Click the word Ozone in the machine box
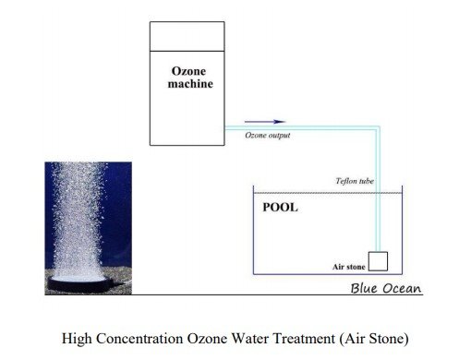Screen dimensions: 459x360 coord(188,71)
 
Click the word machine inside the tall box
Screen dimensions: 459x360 coord(190,84)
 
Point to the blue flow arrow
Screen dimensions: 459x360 coord(265,122)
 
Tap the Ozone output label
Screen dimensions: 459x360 coord(268,135)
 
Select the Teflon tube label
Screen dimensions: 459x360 coord(355,181)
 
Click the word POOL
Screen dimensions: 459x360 coord(280,208)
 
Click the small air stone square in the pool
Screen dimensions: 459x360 coord(378,261)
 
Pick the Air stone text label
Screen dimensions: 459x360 coord(348,267)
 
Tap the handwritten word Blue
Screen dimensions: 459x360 coord(364,288)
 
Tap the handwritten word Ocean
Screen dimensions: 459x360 coord(402,289)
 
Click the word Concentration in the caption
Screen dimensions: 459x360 coord(139,339)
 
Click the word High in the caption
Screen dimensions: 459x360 coord(77,340)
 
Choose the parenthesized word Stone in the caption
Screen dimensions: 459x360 coord(389,339)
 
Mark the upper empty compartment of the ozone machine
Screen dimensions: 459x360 coord(187,36)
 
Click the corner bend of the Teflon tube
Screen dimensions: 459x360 coord(378,127)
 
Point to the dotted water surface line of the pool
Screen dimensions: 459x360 coord(328,193)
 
